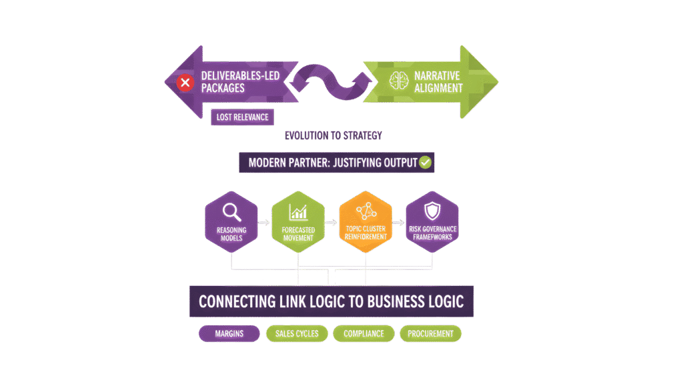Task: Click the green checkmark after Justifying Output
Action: pos(426,162)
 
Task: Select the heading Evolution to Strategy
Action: pos(333,135)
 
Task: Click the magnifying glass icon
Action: pos(231,212)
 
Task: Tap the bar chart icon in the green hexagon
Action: pos(297,213)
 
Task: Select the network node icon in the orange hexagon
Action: pos(366,213)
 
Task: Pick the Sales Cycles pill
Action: pos(297,333)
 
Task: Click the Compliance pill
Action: pos(364,333)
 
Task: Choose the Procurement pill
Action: pos(430,333)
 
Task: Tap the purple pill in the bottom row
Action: pos(229,333)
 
